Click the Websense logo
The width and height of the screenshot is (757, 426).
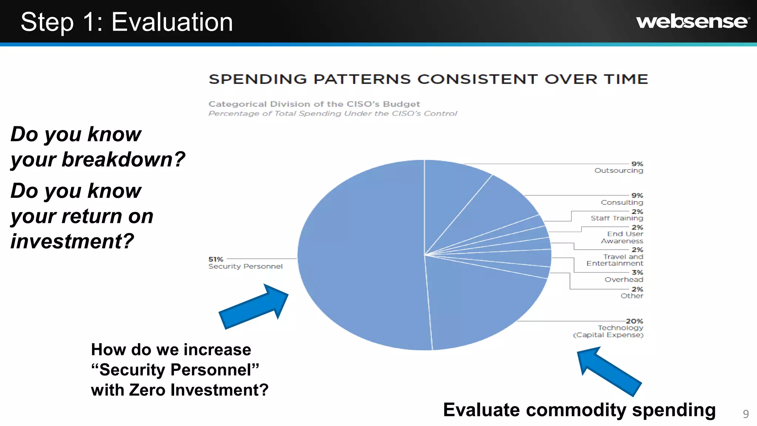693,22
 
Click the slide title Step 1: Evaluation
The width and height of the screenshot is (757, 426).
127,22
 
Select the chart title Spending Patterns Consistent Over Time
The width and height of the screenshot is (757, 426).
428,79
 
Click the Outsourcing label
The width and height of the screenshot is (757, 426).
618,170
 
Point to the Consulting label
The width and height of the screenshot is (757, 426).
622,202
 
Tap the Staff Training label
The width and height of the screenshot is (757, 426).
617,218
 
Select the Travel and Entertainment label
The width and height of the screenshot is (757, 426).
615,260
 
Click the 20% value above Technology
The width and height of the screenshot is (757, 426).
634,321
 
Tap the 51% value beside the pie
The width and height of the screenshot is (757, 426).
216,259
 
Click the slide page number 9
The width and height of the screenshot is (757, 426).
746,414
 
